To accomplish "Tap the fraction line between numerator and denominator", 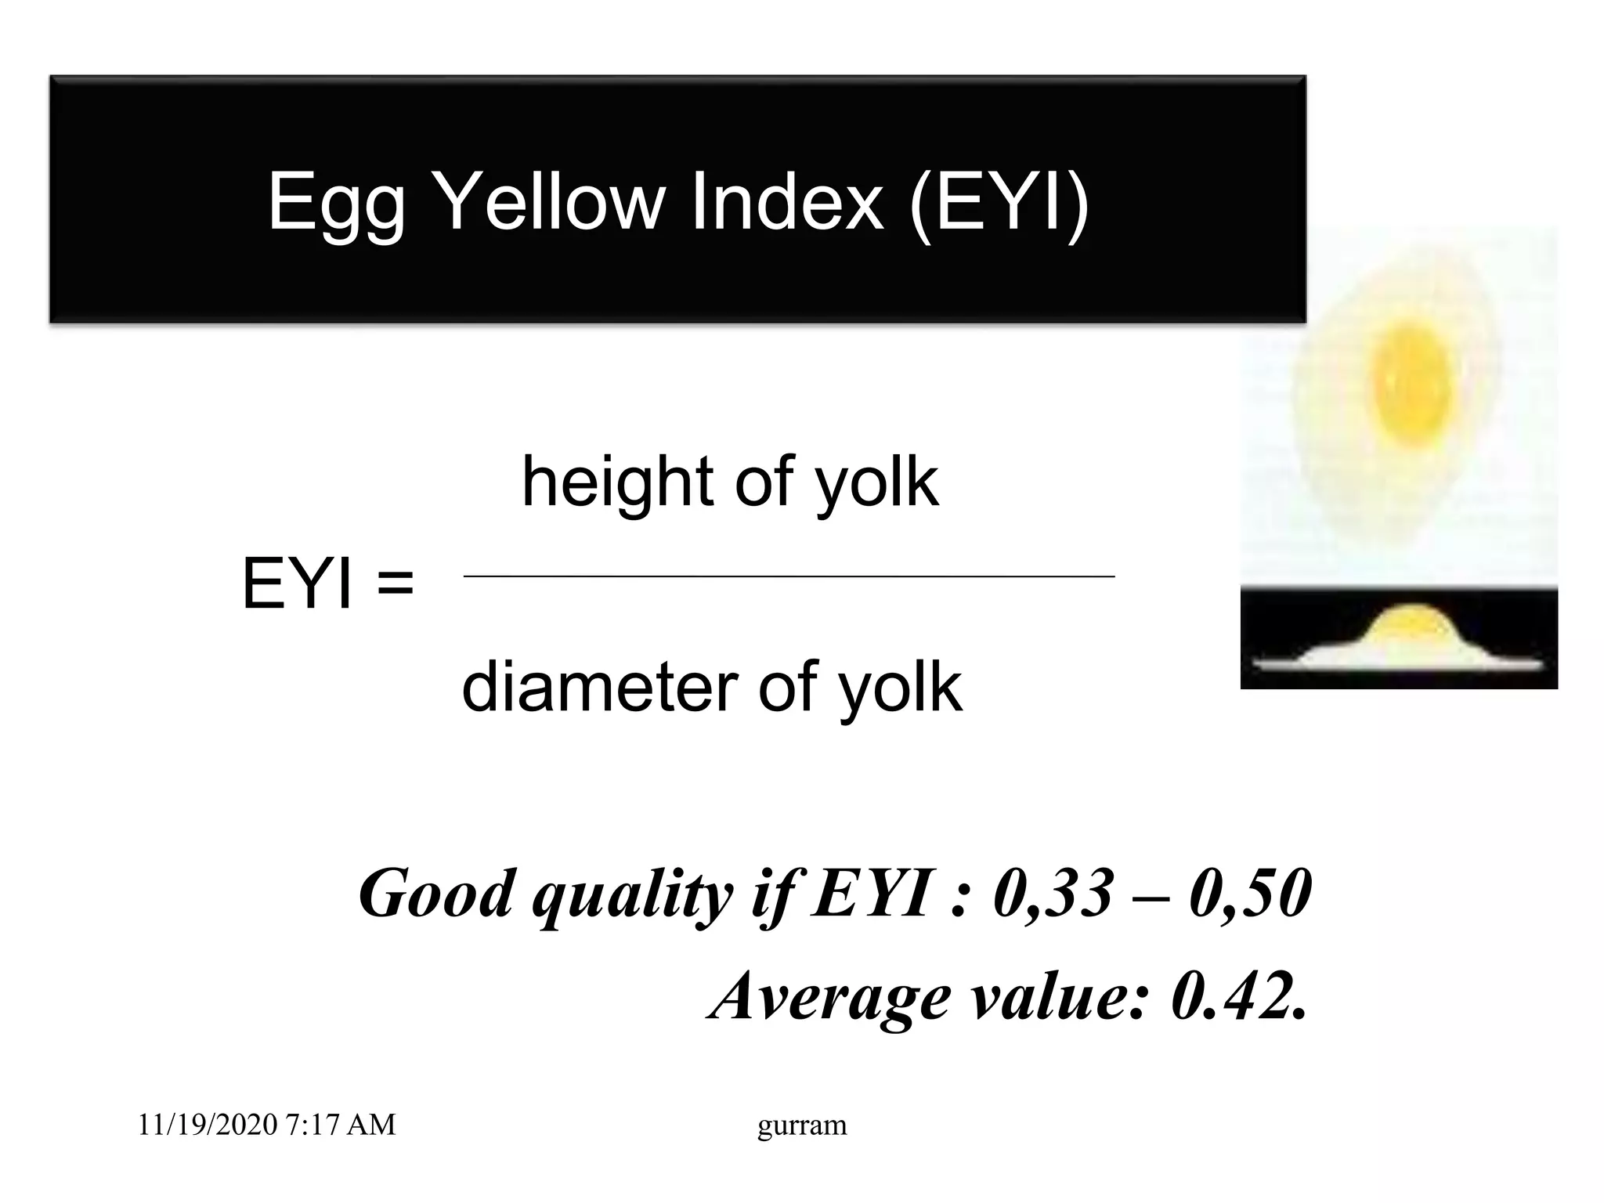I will [789, 576].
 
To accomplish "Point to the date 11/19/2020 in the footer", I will [208, 1125].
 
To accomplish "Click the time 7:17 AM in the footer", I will [341, 1125].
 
